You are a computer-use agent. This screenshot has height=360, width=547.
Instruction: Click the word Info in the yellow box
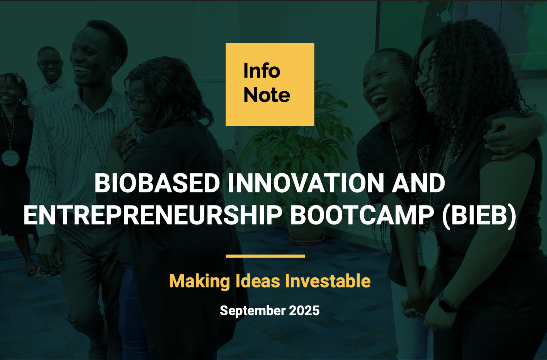coord(262,71)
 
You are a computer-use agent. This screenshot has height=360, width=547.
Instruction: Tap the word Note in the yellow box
coord(267,95)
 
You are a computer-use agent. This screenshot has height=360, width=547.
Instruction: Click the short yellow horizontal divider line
coord(265,256)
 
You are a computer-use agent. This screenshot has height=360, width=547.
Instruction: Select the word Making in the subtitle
coord(199,281)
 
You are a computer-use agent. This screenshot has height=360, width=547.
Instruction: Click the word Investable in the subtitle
coord(328,281)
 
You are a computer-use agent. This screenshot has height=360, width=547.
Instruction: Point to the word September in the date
coord(252,311)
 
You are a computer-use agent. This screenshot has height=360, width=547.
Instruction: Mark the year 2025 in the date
coord(304,311)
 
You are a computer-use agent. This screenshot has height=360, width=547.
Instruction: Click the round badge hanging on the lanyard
coord(10,157)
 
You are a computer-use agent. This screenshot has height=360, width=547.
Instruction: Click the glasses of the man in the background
coord(50,63)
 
